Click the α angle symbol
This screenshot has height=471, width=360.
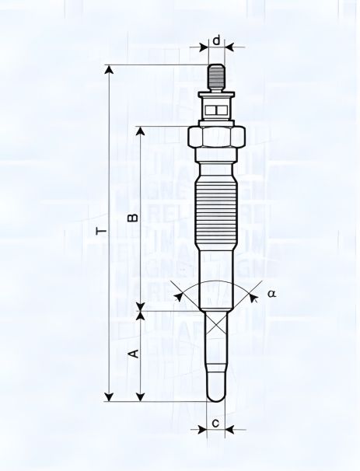tap(271, 294)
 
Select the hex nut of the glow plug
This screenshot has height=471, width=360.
tap(217, 138)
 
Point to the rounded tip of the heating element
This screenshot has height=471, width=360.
tap(217, 395)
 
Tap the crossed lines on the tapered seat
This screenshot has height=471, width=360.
tap(217, 325)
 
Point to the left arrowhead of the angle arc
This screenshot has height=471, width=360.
tap(180, 295)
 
